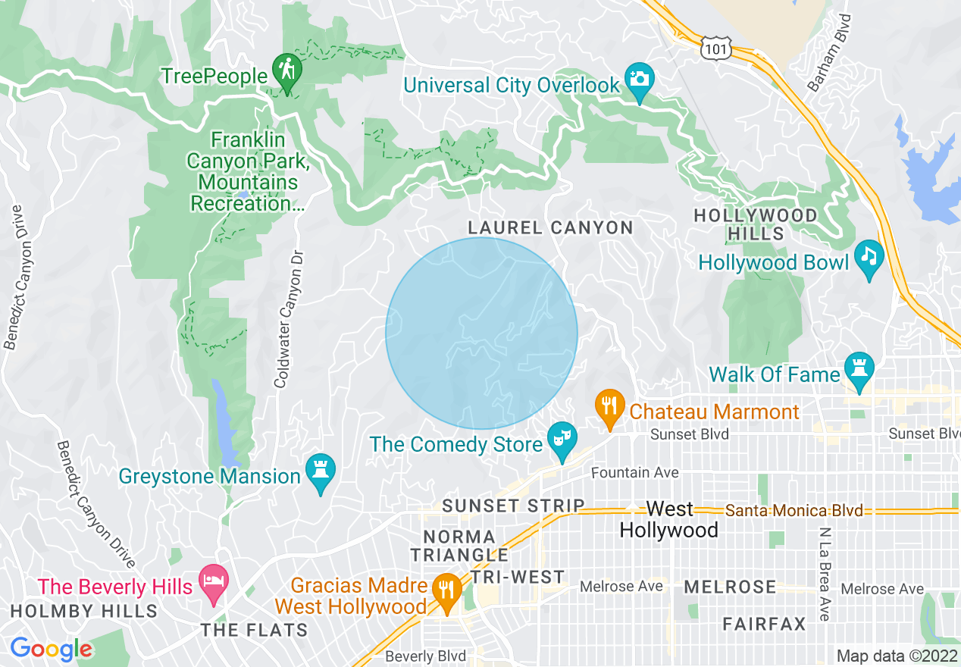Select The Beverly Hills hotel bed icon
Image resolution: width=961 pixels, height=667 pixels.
click(213, 582)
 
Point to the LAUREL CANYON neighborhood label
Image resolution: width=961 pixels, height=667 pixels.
click(550, 227)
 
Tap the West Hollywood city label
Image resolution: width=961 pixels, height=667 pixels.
click(669, 519)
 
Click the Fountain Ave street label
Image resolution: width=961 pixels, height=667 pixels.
click(635, 473)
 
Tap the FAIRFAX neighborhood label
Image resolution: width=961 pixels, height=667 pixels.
click(764, 625)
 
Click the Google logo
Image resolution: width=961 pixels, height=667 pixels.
click(51, 649)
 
